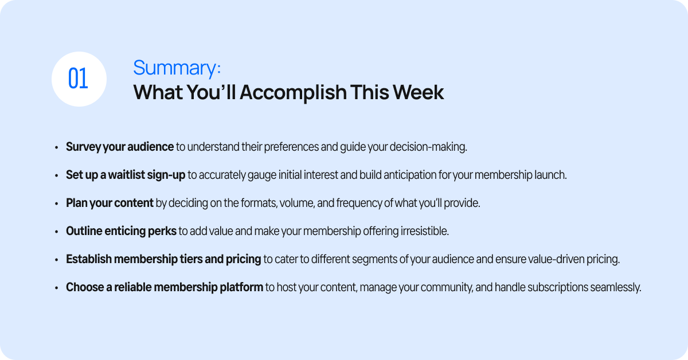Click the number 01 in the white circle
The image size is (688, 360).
78,79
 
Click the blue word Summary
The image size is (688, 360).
175,68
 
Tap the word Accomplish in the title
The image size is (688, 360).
293,92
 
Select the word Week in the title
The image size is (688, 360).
419,92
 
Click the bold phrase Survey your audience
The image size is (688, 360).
120,147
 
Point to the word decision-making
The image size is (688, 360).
428,147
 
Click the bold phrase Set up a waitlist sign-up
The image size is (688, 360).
126,175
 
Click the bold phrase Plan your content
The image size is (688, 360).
110,204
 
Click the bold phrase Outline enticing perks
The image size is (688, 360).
121,231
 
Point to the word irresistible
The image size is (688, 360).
424,231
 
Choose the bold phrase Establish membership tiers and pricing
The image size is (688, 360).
163,259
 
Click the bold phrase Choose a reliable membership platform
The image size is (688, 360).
165,288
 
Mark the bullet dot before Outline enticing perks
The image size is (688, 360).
57,232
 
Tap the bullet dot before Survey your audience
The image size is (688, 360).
57,148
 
